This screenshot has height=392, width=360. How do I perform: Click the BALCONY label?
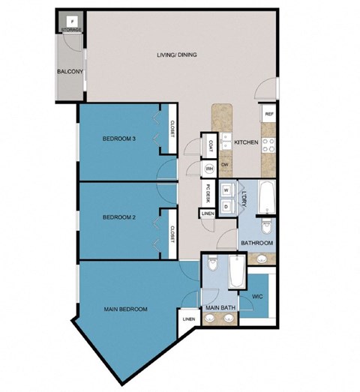[68, 72]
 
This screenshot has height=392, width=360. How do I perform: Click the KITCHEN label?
[246, 142]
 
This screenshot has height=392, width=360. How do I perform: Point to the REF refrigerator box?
[268, 115]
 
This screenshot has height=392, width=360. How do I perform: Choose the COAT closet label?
[211, 144]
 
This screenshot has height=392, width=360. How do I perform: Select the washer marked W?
[226, 190]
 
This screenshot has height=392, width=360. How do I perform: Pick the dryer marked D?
[226, 204]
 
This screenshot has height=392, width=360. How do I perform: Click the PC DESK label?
[206, 194]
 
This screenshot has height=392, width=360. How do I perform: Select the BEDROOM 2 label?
[119, 218]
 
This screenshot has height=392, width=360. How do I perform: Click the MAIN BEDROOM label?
[124, 309]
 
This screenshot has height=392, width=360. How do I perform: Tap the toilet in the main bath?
[214, 267]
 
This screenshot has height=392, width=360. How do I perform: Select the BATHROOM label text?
[256, 244]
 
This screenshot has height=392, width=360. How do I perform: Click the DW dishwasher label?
[224, 164]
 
